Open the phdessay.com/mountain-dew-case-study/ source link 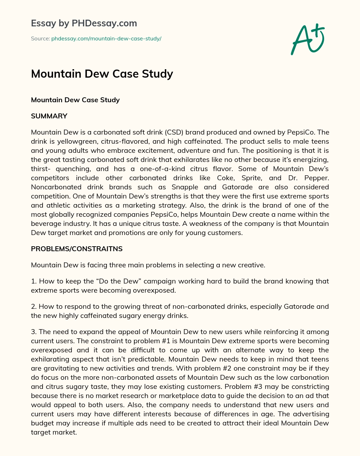(x=106, y=39)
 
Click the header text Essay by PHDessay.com (x=84, y=23)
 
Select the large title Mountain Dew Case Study (x=102, y=74)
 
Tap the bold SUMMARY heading (x=49, y=116)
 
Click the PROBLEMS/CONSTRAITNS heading (x=77, y=249)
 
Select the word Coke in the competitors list (x=225, y=178)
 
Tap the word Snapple (x=185, y=187)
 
